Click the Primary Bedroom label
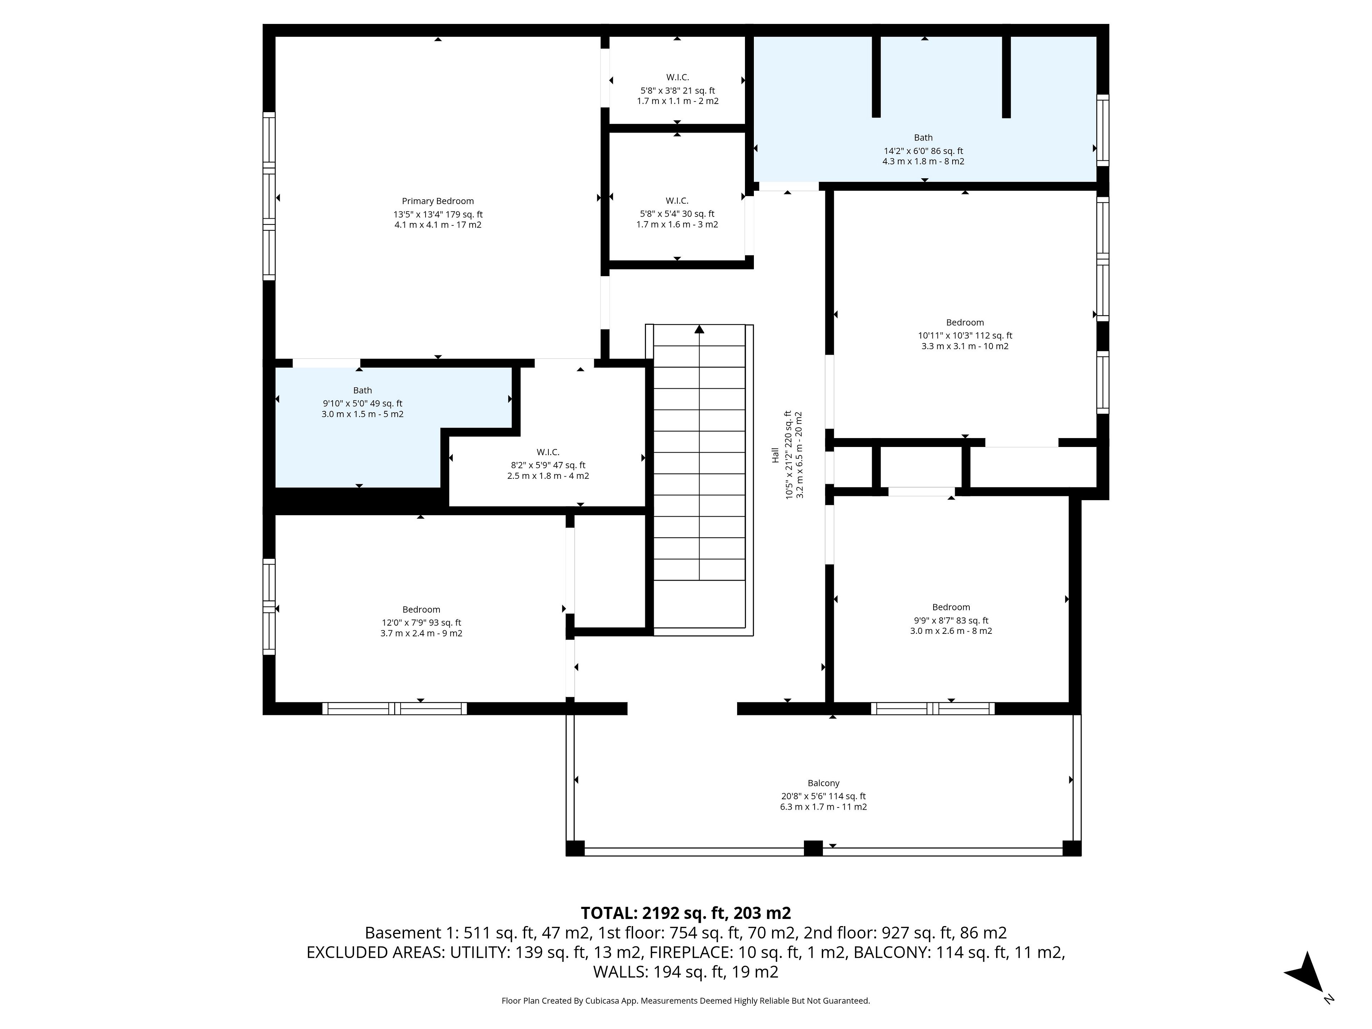[438, 201]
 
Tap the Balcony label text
[824, 784]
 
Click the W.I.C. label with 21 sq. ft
[678, 78]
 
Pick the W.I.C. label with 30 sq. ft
[677, 201]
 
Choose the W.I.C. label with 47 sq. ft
[548, 453]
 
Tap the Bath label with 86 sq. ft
[924, 138]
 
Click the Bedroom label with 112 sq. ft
[965, 323]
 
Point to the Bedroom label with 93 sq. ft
[422, 610]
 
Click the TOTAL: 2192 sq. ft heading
[686, 913]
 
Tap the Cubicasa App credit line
[686, 1000]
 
